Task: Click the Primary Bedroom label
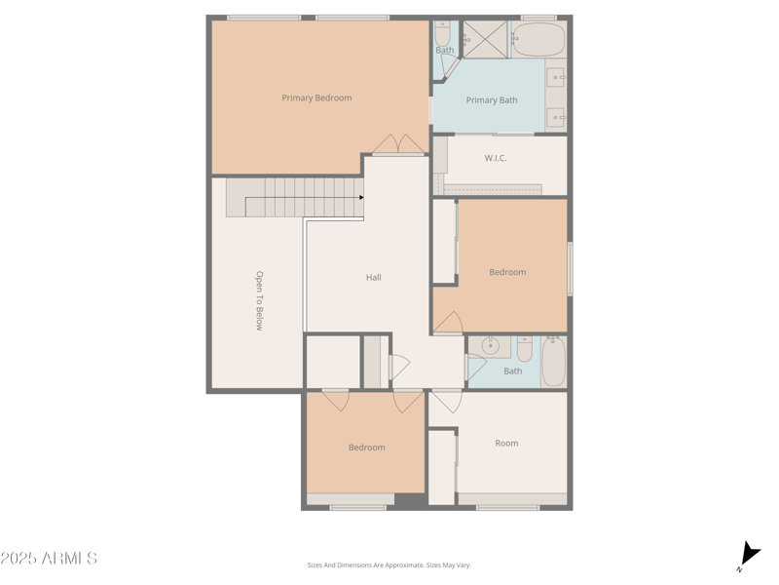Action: tap(316, 97)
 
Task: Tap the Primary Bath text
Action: tap(492, 100)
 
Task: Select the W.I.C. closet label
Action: tap(496, 158)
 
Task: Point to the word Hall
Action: tap(373, 278)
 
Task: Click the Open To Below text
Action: tap(259, 300)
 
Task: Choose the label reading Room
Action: tap(506, 443)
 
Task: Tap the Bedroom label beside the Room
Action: tap(367, 448)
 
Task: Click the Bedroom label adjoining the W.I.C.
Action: tap(507, 272)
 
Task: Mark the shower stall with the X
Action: tap(485, 39)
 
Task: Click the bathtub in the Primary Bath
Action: tap(538, 40)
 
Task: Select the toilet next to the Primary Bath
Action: tap(443, 36)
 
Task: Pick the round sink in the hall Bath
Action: tap(491, 345)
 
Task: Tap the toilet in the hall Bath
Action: tap(524, 348)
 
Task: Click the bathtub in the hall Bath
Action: tap(553, 362)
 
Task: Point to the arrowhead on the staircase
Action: tap(361, 198)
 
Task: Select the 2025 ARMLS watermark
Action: tap(49, 559)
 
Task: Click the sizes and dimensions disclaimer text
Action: tap(389, 565)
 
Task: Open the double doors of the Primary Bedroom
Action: tap(398, 145)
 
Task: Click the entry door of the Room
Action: tap(446, 399)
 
